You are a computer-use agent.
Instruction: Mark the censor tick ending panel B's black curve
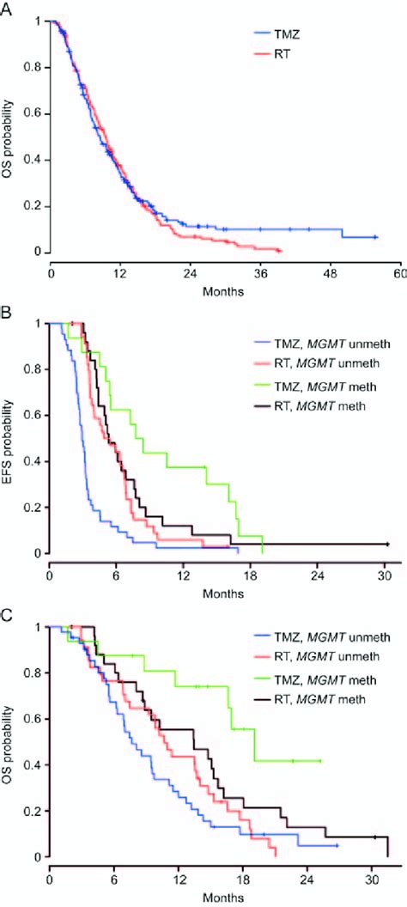[387, 544]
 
